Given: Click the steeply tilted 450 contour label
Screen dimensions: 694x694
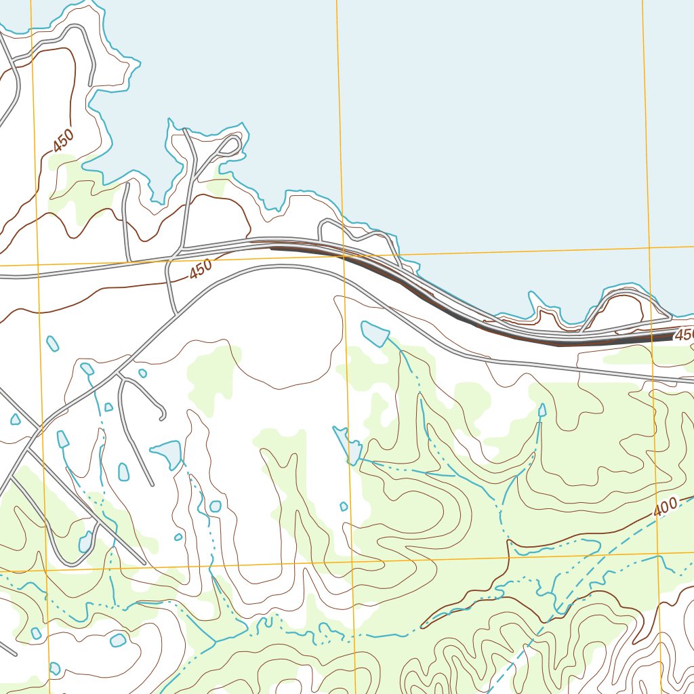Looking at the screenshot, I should pos(62,140).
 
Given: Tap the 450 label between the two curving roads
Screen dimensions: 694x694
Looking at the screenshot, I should pos(201,270).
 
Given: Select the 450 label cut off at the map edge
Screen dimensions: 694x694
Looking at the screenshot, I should pos(685,335).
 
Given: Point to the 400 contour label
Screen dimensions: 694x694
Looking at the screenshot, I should pos(666,507).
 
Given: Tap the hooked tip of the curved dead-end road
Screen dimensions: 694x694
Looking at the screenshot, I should pos(162,415).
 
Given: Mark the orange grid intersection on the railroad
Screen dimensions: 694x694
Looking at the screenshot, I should pos(343,256).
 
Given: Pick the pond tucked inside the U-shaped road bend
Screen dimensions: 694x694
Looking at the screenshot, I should pos(85,542).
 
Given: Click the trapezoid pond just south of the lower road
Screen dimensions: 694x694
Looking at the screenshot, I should pos(375,333).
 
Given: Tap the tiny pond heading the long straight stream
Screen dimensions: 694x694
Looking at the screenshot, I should pos(542,410).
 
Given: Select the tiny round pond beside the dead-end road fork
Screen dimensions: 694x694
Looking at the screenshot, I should pos(142,373).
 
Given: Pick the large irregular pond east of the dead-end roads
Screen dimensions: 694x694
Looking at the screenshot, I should pos(167,453).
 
